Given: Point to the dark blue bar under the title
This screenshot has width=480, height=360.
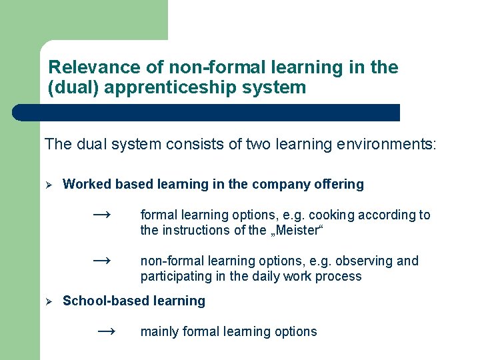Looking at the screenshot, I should pyautogui.click(x=207, y=113).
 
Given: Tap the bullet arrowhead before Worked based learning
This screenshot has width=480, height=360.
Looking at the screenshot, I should pyautogui.click(x=48, y=185).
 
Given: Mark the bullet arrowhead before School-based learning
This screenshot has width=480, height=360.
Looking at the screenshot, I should pyautogui.click(x=48, y=301).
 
